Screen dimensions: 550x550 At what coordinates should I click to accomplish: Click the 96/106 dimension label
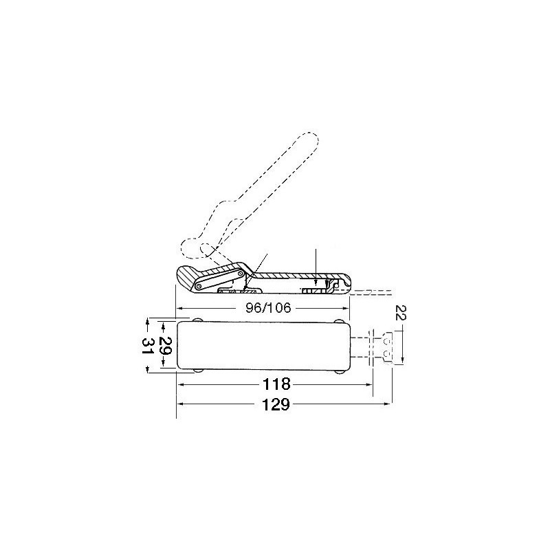click(263, 309)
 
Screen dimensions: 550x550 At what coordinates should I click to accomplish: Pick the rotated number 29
click(164, 344)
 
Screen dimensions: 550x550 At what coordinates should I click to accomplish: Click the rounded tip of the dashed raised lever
click(311, 140)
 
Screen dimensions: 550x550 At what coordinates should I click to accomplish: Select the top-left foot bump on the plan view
click(198, 320)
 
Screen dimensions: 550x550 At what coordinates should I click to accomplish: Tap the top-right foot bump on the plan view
click(339, 320)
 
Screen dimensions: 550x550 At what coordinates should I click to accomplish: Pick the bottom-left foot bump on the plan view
click(198, 370)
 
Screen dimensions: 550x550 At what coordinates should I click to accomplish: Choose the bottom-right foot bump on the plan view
click(339, 370)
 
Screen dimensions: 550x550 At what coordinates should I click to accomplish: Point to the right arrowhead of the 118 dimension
click(369, 384)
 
